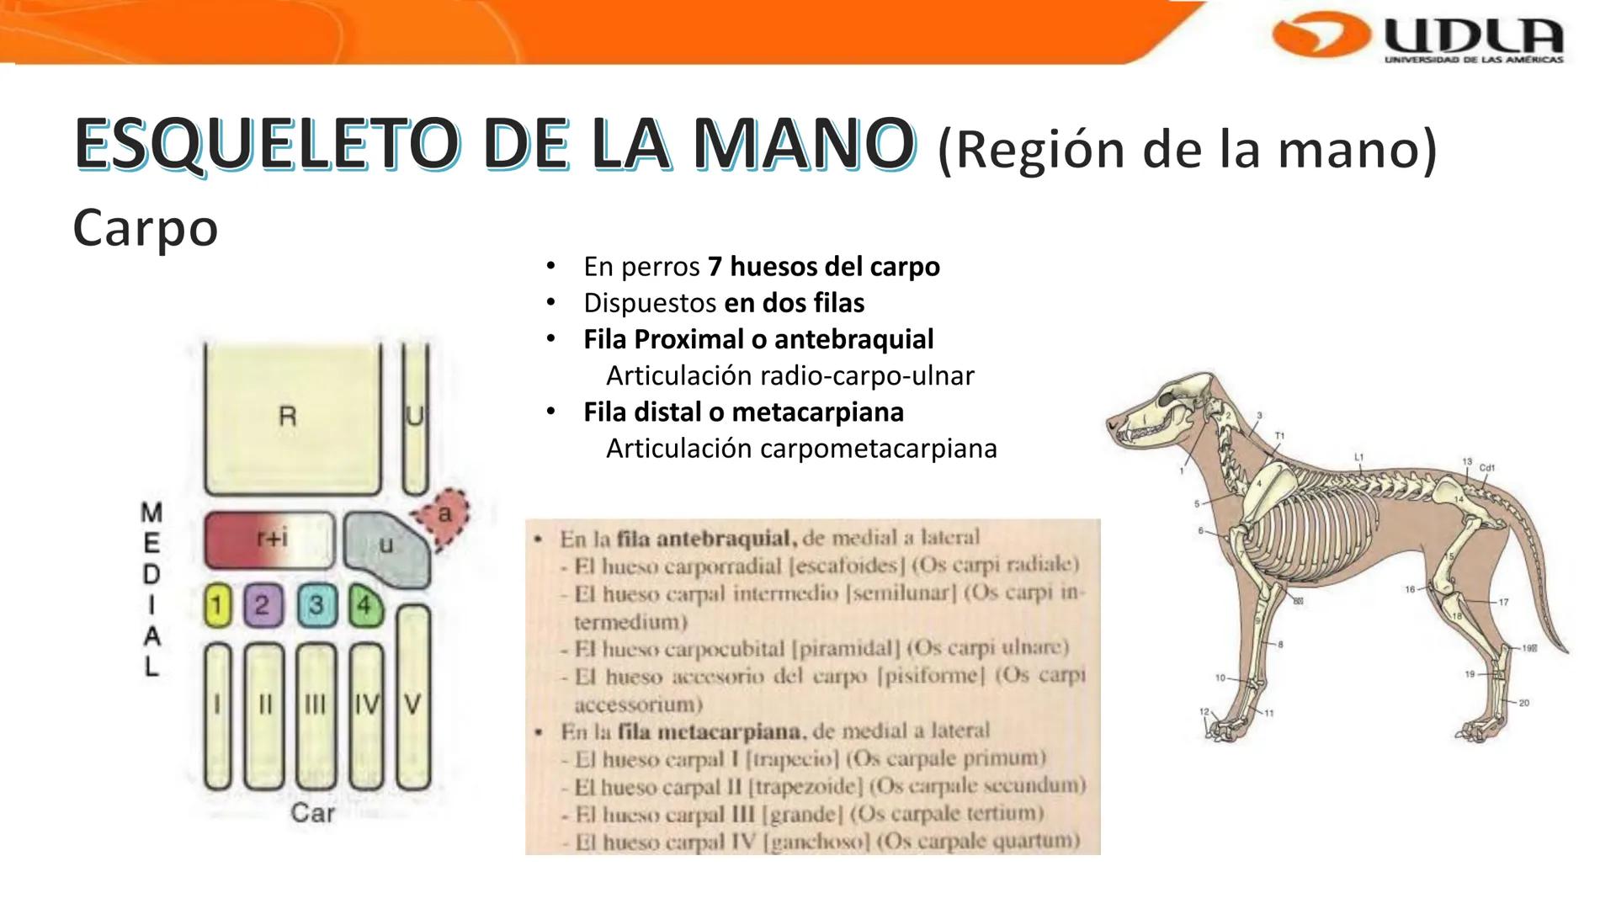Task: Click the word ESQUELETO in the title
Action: (267, 144)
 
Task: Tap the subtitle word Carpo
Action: (146, 227)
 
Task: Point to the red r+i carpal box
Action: (268, 540)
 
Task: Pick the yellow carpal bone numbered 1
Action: (217, 605)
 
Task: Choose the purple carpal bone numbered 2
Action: (263, 605)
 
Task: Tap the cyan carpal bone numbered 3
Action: (316, 605)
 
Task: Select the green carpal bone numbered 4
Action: (364, 605)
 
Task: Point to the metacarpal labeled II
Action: (264, 715)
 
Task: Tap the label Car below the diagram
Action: (312, 813)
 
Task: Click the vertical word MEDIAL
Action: (151, 589)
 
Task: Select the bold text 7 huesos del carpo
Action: (823, 267)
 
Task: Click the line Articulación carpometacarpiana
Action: (800, 449)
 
